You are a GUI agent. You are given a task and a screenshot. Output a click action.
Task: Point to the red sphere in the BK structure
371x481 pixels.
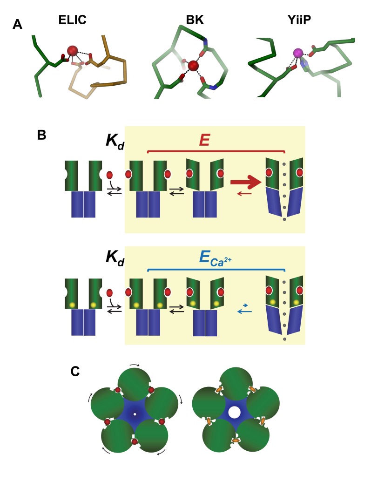point(193,67)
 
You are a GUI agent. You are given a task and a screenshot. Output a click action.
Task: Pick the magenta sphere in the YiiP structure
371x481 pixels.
point(298,54)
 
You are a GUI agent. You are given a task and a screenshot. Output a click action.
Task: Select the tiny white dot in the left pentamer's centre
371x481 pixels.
point(135,414)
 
